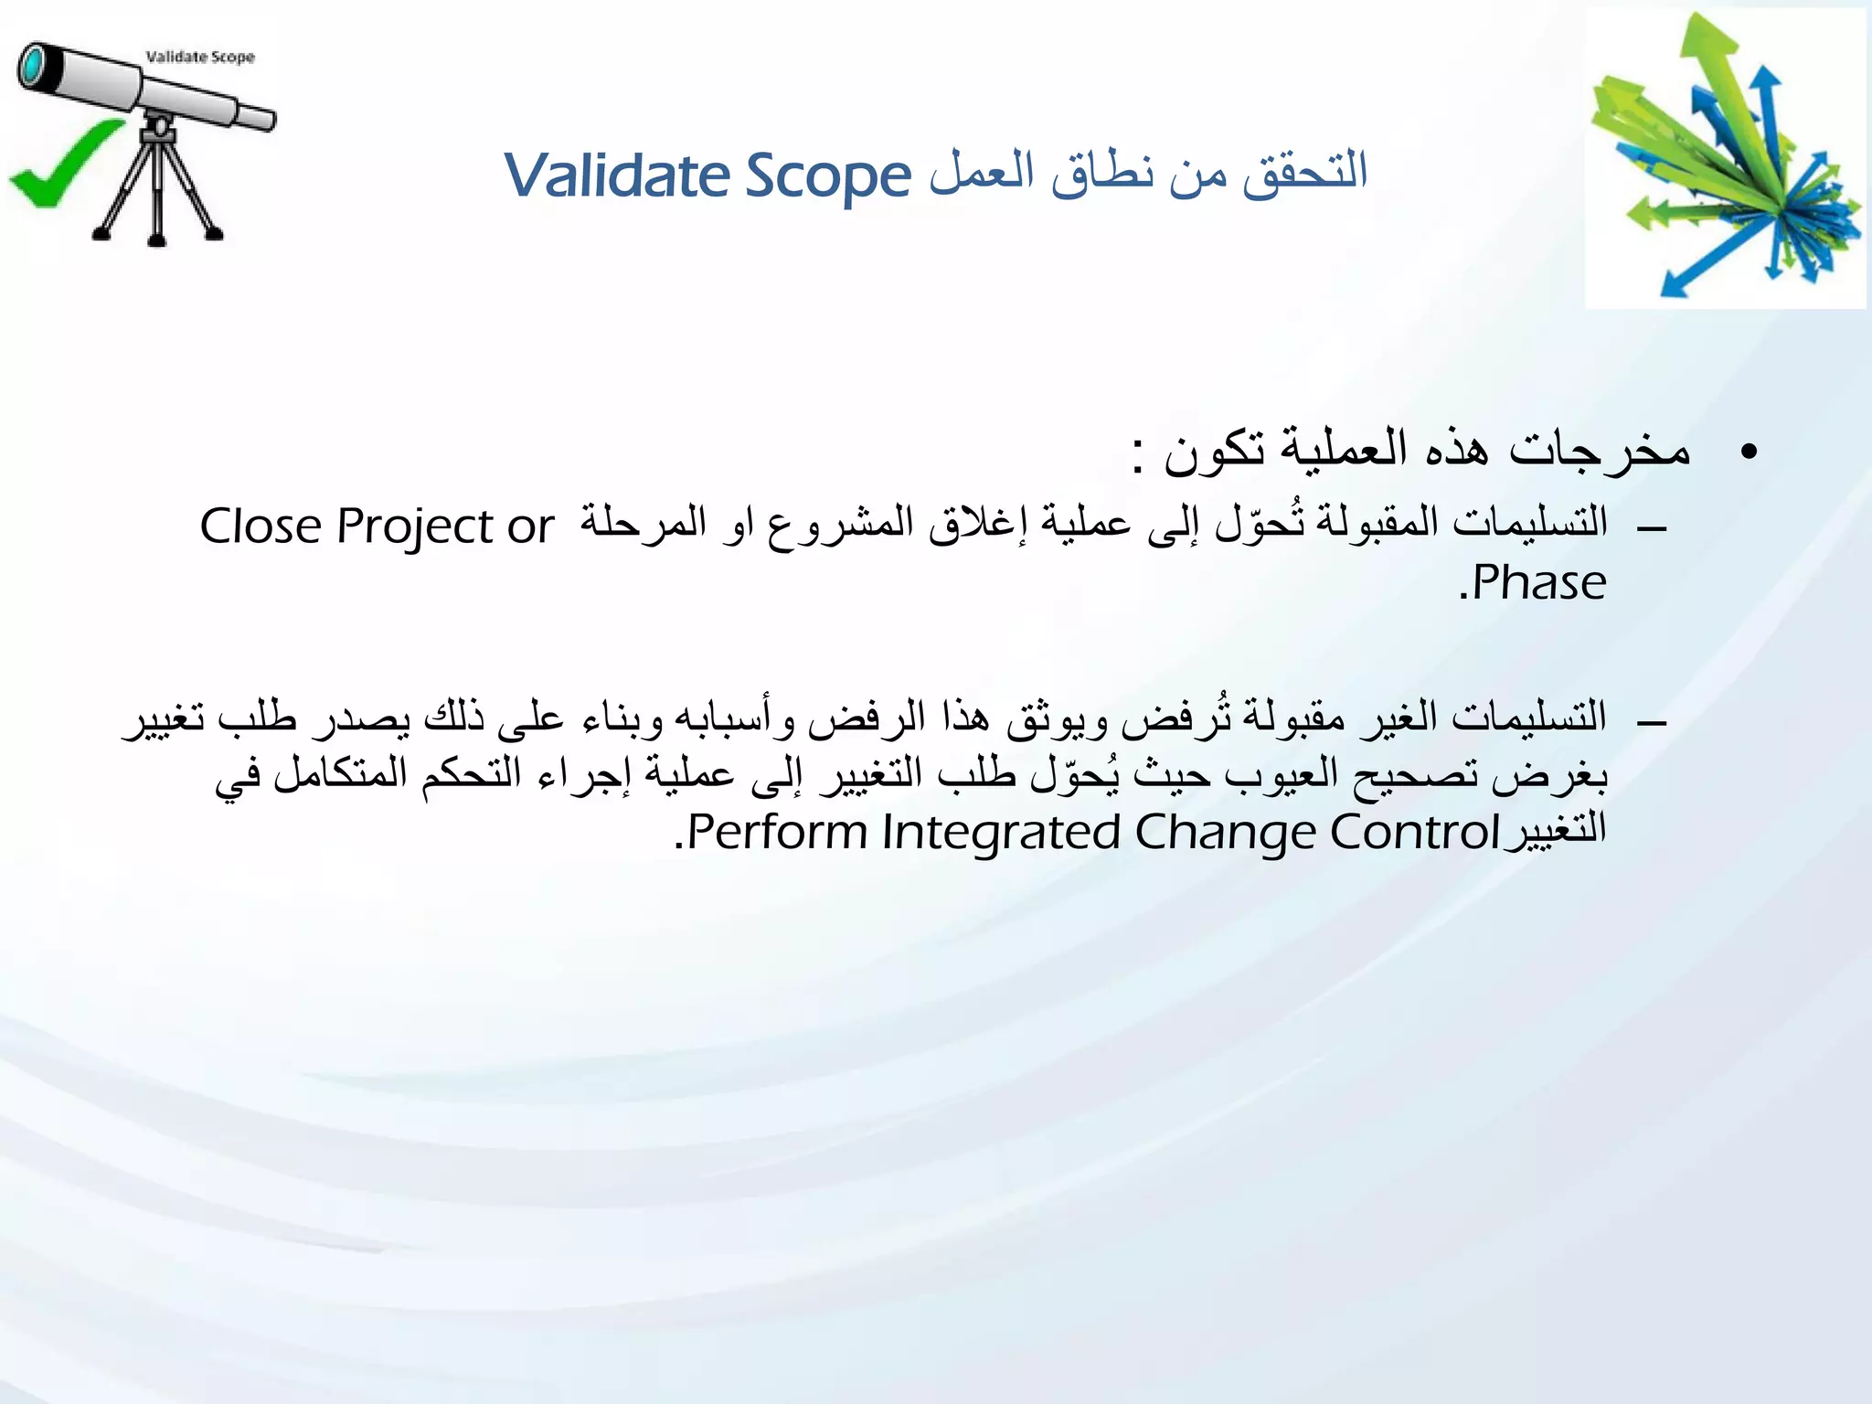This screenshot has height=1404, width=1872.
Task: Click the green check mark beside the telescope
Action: (64, 165)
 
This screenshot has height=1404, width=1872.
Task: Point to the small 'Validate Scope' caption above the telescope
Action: (200, 57)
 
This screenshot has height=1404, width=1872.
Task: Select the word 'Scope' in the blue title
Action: (828, 177)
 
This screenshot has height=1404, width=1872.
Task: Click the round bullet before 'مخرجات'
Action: (1749, 452)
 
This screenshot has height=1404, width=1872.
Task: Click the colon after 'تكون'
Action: (1137, 455)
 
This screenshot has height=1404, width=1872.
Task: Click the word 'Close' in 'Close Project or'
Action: (261, 526)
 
